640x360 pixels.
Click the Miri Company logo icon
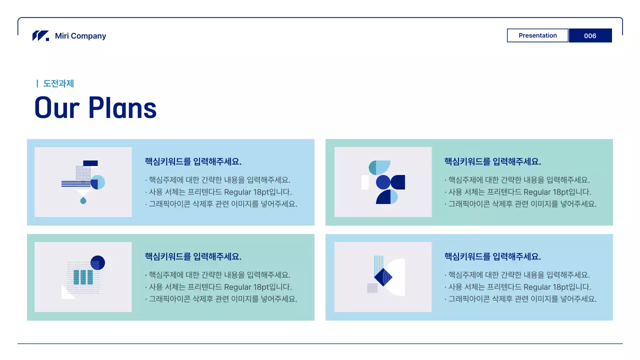click(40, 36)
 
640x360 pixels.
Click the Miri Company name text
click(80, 36)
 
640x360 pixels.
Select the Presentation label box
click(537, 35)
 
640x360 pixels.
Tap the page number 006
click(590, 35)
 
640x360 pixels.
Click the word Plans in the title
click(122, 107)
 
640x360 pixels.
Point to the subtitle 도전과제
click(58, 83)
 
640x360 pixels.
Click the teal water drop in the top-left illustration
click(83, 200)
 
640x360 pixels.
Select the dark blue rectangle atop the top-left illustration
click(90, 163)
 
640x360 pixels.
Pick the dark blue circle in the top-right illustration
click(383, 182)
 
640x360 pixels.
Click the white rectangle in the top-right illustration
click(365, 182)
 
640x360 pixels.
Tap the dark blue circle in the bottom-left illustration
click(97, 262)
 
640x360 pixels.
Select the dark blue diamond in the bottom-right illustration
click(383, 277)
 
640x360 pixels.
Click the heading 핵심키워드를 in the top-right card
click(467, 161)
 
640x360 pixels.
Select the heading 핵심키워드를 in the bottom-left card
click(168, 256)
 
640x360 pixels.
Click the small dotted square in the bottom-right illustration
click(372, 288)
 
